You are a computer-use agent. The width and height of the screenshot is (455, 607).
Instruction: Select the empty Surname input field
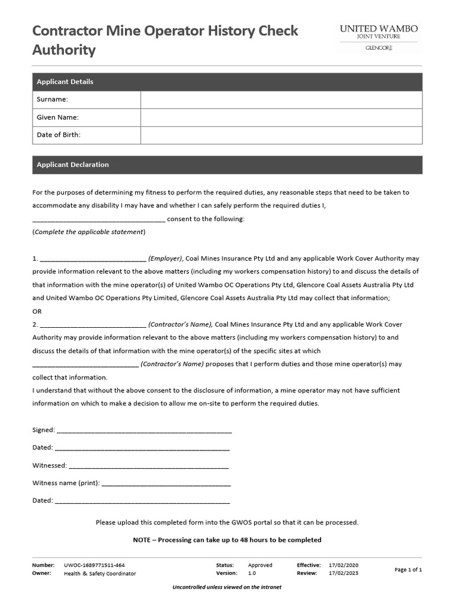pos(281,100)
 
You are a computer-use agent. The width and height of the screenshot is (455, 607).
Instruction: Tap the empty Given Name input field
pos(281,117)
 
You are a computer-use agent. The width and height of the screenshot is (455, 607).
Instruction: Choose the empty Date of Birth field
pos(281,135)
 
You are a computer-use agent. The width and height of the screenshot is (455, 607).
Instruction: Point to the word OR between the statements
pos(37,311)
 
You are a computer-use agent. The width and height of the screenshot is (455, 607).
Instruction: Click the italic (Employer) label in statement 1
pos(165,258)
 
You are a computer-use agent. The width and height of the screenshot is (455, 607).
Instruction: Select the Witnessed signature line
pos(149,466)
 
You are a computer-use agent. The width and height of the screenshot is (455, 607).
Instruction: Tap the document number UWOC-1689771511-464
pos(94,566)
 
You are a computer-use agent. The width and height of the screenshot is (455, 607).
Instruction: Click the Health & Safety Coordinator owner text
pos(100,574)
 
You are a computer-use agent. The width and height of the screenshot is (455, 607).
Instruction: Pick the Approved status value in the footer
pos(260,566)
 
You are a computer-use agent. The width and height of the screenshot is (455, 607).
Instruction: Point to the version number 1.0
pos(252,574)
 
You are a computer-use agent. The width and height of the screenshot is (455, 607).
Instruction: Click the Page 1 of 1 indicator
pos(408,570)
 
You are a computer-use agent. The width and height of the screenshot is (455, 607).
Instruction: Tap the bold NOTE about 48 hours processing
pos(227,540)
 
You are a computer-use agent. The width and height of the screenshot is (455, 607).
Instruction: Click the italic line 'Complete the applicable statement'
pos(89,232)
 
